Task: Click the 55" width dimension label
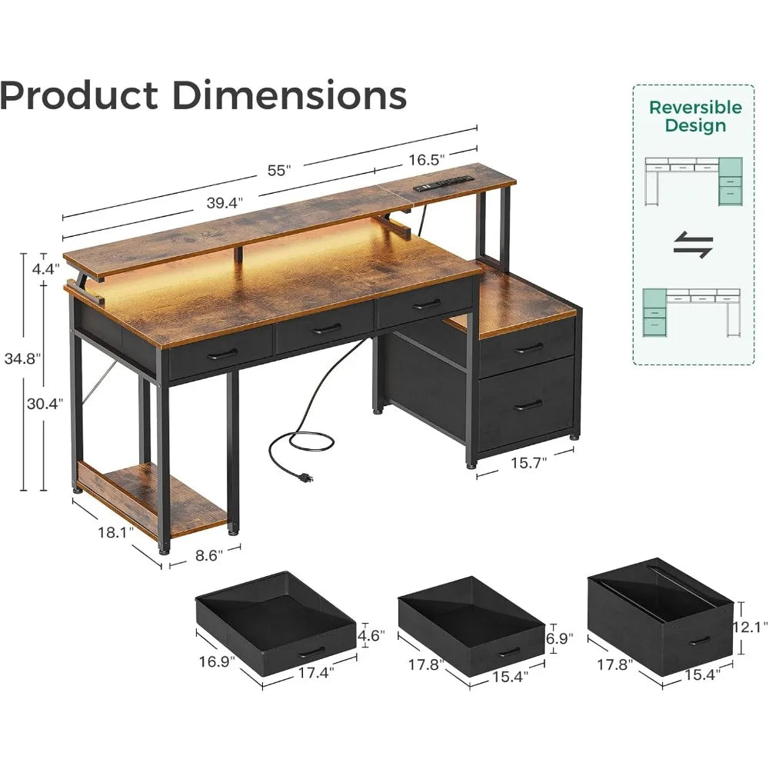click(279, 170)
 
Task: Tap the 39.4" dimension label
click(225, 202)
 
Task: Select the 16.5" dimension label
click(427, 160)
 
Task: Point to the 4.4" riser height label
click(45, 268)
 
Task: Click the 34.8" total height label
click(22, 358)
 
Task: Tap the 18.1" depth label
click(116, 532)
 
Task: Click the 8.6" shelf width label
click(209, 555)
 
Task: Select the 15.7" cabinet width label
click(529, 462)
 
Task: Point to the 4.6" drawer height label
click(371, 636)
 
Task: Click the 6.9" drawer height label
click(560, 638)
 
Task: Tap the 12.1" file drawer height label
click(751, 627)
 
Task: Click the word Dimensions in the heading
click(289, 95)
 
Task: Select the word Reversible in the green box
click(695, 108)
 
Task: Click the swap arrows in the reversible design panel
click(693, 245)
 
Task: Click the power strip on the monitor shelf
click(444, 184)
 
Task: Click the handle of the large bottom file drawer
click(528, 405)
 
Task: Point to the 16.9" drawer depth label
click(217, 661)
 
